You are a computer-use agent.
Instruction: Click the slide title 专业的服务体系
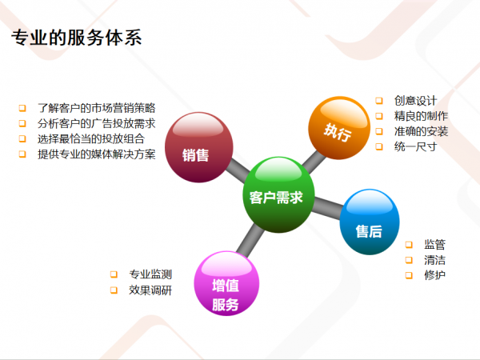[77, 38]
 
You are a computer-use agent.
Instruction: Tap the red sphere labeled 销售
[199, 147]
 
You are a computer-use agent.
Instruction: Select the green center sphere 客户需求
[278, 194]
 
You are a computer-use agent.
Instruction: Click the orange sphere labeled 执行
[339, 128]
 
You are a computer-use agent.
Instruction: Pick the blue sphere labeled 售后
[370, 222]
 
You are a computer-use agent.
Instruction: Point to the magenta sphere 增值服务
[226, 283]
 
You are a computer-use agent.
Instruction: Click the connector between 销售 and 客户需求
[238, 170]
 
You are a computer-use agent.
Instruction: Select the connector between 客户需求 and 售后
[327, 207]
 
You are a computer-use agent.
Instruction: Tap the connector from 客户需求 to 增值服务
[250, 240]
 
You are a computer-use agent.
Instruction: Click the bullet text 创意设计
[415, 101]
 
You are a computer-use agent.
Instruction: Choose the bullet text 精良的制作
[421, 116]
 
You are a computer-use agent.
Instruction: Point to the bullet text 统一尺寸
[415, 146]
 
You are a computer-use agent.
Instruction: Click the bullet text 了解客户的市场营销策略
[97, 108]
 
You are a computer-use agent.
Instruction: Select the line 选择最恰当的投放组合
[91, 138]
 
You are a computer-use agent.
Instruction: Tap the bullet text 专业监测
[150, 274]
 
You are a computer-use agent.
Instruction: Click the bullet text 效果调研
[150, 290]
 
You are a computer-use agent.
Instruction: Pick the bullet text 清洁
[434, 260]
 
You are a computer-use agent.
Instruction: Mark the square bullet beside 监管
[409, 245]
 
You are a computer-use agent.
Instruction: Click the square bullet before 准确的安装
[379, 131]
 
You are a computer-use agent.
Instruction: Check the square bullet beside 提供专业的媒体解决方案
[22, 154]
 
